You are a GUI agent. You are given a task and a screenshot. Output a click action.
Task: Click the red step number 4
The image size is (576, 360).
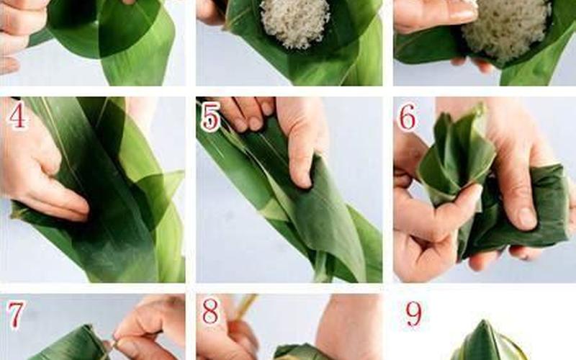(17, 114)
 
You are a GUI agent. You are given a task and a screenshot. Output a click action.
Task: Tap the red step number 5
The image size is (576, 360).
(211, 117)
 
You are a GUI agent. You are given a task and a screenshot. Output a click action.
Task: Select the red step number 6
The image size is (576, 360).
(408, 117)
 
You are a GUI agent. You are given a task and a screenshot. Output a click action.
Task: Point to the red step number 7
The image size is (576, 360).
(15, 315)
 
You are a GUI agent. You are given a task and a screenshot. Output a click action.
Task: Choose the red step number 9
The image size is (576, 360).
(413, 313)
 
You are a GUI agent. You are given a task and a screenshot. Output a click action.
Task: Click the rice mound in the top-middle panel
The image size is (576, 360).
(295, 23)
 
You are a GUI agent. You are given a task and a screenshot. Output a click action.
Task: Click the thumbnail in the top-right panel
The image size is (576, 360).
(464, 14)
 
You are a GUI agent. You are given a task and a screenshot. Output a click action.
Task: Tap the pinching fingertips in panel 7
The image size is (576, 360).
(121, 343)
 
